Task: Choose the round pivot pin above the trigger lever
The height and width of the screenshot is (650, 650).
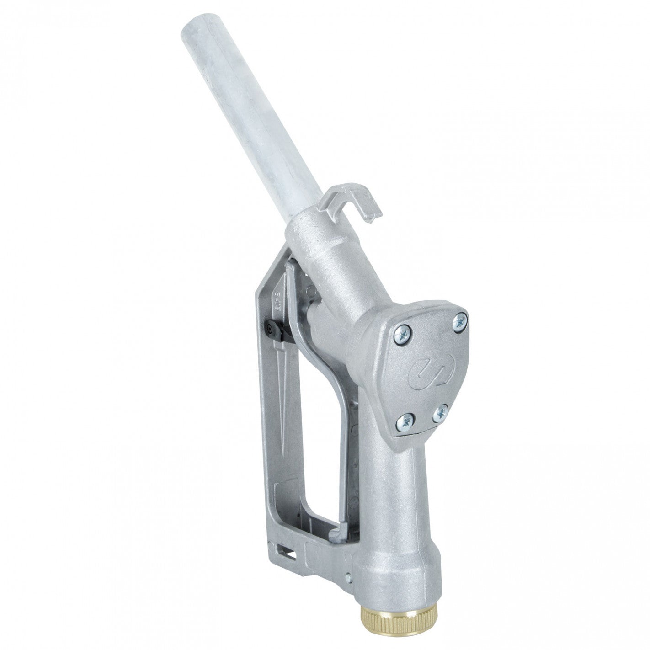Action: [x=312, y=290]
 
